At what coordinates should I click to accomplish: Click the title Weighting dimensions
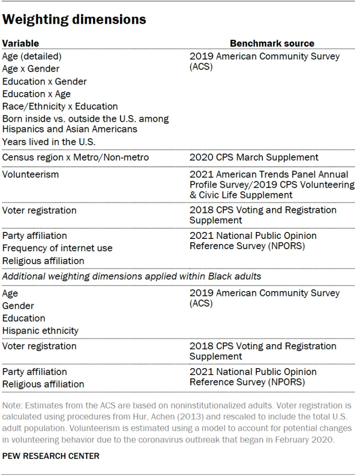tap(74, 20)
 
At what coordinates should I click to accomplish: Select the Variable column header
tap(20, 43)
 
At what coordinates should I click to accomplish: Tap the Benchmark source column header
tap(272, 43)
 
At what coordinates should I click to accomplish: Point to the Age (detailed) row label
tap(32, 56)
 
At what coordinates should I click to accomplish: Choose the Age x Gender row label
tap(31, 69)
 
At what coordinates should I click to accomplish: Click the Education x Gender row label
tap(44, 81)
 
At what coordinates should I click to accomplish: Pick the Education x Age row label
tap(36, 94)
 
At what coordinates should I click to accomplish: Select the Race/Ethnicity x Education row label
tap(60, 106)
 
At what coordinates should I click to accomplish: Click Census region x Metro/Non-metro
tap(75, 158)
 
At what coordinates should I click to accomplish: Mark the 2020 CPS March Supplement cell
tap(254, 158)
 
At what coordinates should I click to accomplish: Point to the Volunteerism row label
tap(31, 174)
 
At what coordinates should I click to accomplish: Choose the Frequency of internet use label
tap(57, 248)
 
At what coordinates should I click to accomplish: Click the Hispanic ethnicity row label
tap(40, 331)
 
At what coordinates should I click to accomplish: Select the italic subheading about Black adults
tap(132, 277)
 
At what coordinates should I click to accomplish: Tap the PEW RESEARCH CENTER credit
tap(51, 456)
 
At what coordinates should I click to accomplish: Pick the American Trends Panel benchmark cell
tap(272, 185)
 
